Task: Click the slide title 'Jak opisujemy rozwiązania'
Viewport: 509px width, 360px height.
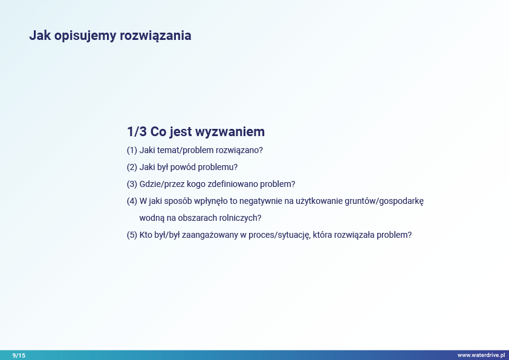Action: [x=110, y=36]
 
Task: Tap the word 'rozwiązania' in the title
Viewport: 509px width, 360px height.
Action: [x=155, y=36]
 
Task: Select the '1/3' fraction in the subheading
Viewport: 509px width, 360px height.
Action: [x=137, y=131]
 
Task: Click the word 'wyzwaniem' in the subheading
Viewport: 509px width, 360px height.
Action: [x=230, y=132]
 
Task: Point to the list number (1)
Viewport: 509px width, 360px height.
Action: [x=132, y=150]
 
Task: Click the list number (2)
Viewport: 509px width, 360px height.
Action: [x=132, y=167]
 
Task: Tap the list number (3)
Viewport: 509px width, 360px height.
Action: [x=132, y=184]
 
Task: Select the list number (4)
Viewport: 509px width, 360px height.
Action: [x=132, y=201]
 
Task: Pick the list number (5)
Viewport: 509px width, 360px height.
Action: [x=132, y=235]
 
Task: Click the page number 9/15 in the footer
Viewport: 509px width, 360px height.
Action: [x=19, y=355]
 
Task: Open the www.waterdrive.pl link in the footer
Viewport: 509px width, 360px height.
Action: [x=481, y=355]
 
